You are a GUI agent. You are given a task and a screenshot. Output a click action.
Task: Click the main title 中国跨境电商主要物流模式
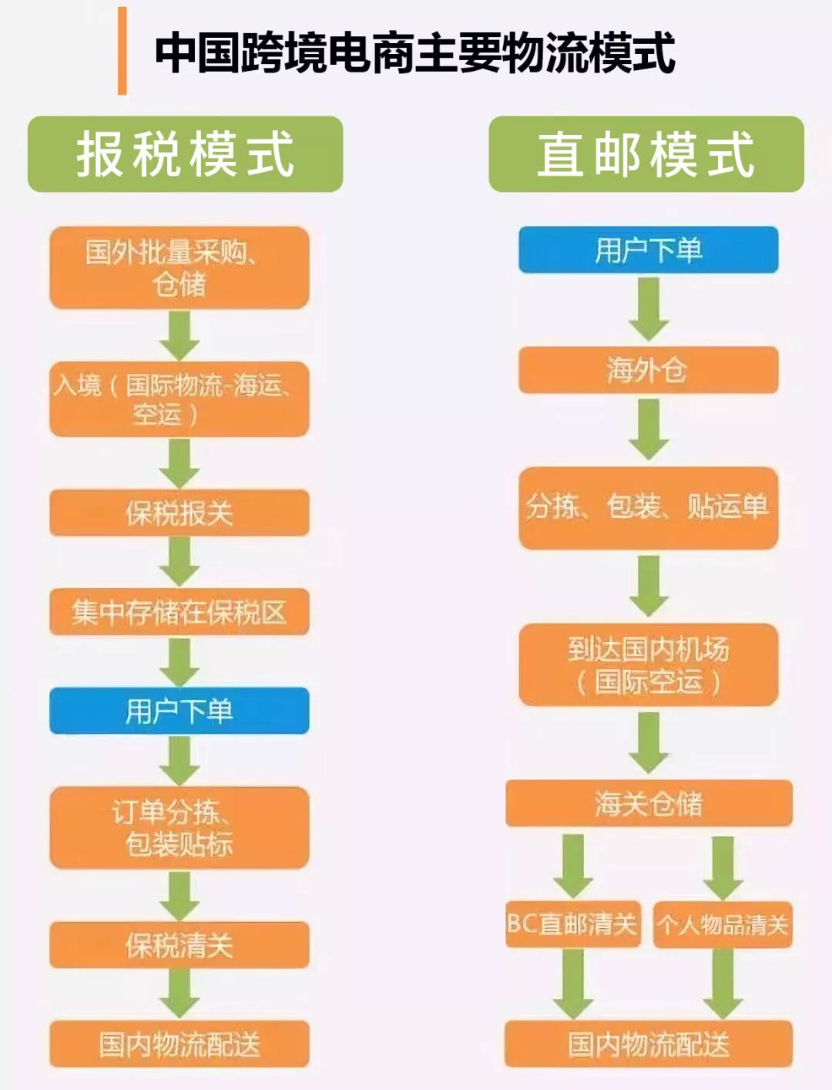click(414, 52)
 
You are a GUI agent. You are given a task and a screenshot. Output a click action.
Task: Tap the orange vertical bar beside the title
click(122, 51)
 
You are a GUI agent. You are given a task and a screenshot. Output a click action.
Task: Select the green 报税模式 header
click(185, 154)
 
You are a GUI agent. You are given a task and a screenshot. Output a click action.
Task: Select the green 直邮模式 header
click(646, 154)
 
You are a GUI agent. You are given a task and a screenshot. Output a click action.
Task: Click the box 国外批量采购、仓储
click(179, 267)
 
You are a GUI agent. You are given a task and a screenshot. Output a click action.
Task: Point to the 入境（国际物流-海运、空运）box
click(179, 399)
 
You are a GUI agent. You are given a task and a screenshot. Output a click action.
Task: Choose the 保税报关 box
click(179, 513)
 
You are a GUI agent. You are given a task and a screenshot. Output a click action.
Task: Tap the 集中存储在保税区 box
click(179, 612)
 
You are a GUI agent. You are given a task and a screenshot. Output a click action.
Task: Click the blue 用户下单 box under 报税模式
click(179, 711)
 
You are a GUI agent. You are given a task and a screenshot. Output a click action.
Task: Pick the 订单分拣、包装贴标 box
click(179, 827)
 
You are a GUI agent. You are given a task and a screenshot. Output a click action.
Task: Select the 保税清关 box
click(179, 945)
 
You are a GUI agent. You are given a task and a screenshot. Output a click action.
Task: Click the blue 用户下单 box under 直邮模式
click(648, 250)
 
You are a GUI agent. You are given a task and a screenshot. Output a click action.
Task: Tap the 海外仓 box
click(648, 370)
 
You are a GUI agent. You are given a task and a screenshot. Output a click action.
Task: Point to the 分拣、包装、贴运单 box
click(648, 507)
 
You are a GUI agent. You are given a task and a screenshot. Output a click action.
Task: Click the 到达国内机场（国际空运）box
click(648, 664)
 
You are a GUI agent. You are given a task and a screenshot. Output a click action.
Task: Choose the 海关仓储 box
click(648, 803)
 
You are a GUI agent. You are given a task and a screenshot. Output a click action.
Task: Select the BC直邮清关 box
click(572, 923)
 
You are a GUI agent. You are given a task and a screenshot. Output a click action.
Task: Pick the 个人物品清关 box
click(723, 923)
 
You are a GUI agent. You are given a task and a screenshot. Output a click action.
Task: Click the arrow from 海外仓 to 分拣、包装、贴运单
click(648, 429)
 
